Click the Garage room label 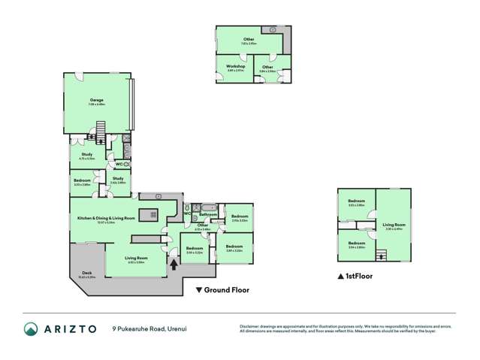(x=96, y=99)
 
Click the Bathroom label (x=208, y=214)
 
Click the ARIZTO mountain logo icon (x=31, y=328)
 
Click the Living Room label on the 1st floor (x=394, y=225)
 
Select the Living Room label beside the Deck (x=136, y=259)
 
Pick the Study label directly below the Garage (x=84, y=156)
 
